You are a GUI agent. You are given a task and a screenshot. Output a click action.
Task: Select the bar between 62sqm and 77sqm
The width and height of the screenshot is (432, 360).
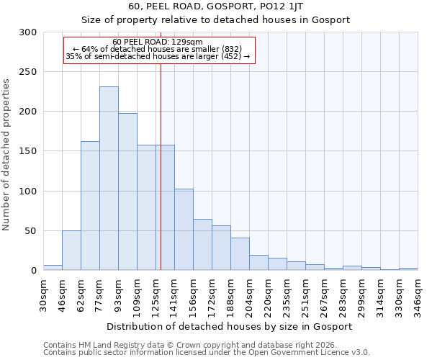coord(90,206)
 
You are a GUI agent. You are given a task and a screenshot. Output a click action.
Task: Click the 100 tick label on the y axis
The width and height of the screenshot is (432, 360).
coord(27,192)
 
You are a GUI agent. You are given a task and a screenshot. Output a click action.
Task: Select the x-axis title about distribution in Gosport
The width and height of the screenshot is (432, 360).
coord(230,326)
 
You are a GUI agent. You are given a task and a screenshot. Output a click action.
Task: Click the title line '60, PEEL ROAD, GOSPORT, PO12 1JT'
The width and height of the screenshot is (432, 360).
coord(215,6)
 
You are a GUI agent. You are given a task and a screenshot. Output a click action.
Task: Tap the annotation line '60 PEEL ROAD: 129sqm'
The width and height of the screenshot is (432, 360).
coord(158,42)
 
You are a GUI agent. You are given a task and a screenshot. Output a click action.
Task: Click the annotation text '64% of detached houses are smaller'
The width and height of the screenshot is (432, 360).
coord(158,49)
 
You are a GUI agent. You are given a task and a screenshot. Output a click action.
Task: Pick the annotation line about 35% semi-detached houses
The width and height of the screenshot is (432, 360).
coord(158,56)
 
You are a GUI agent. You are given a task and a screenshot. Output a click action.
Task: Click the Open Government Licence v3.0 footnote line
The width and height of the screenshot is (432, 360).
coord(206,352)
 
